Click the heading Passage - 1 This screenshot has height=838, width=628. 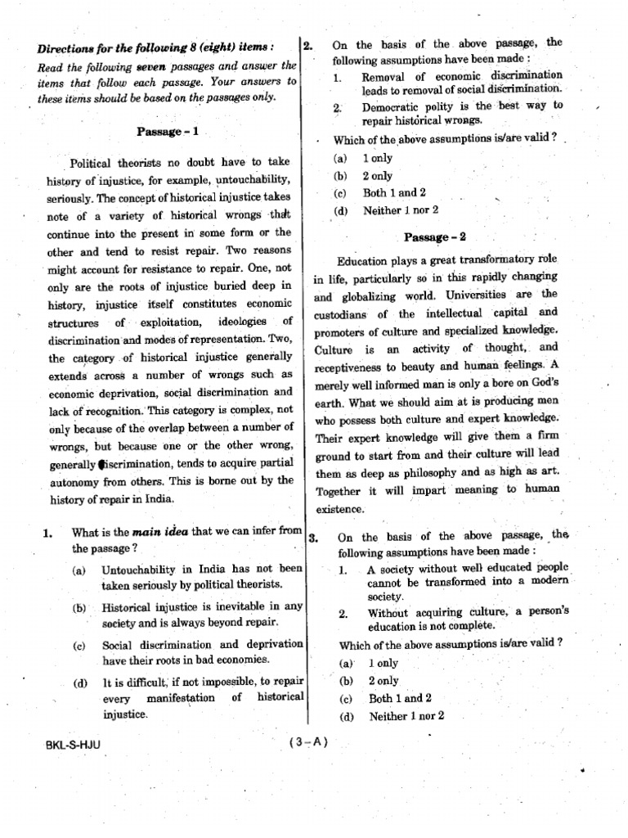168,131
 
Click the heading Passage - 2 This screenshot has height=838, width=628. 434,237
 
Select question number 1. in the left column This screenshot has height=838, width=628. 48,533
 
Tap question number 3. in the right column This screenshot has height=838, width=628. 312,538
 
